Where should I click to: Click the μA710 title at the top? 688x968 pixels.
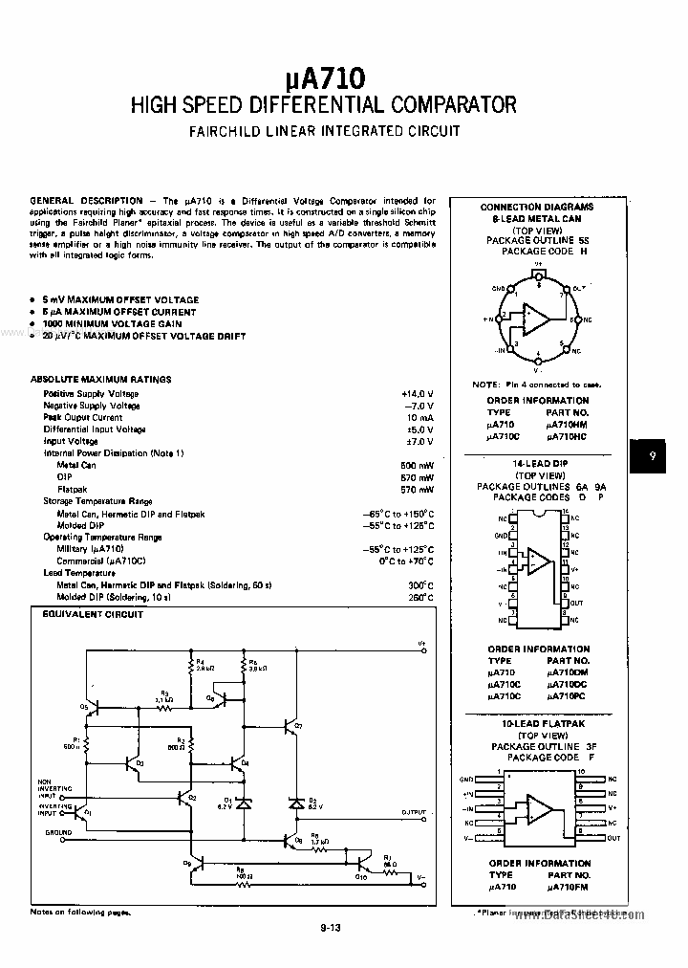coord(323,76)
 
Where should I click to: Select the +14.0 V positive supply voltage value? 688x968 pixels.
coord(418,393)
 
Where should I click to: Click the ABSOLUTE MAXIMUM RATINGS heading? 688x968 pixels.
coord(101,380)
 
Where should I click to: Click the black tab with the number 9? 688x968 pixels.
coord(653,457)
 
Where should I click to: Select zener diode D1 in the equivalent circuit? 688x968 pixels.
coord(245,805)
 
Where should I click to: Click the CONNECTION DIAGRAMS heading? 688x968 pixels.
coord(536,208)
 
